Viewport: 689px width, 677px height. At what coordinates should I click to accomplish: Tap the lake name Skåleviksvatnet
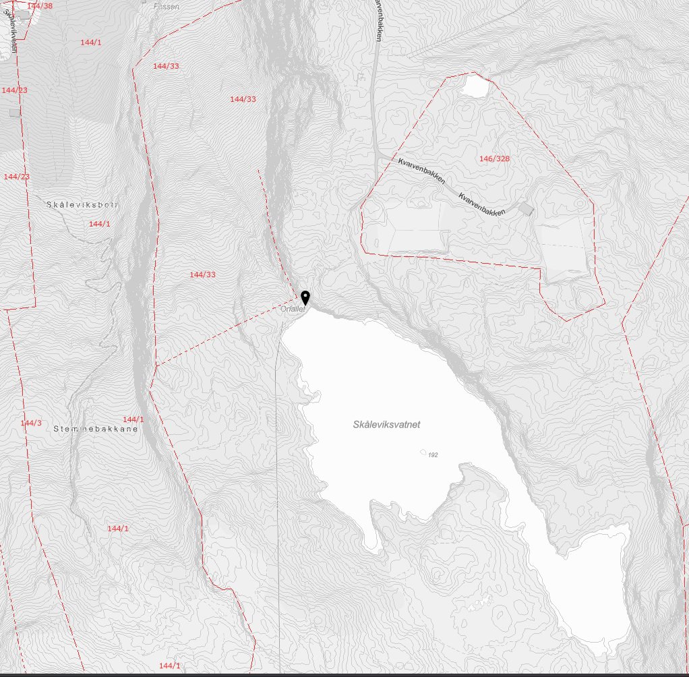tap(386, 425)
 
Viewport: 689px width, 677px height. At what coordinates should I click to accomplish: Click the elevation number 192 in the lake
tap(433, 455)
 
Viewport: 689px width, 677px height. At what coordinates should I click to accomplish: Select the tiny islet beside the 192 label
tap(423, 452)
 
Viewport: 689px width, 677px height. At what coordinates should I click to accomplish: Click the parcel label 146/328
tap(494, 158)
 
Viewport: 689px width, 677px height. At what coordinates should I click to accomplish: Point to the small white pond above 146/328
tap(475, 86)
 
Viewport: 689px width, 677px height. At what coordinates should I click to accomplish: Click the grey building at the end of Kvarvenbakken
tap(526, 209)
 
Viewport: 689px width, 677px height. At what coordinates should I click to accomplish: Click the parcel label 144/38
tap(40, 5)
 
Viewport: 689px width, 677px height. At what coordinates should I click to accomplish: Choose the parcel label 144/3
tap(31, 423)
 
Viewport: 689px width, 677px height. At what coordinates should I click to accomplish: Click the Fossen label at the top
tap(166, 5)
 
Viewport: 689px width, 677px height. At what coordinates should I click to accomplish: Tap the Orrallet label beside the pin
tap(293, 310)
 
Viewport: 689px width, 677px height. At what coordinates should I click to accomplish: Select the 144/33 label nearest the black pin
tap(202, 274)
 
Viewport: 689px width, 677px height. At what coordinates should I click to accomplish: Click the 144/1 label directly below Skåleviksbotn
tap(99, 223)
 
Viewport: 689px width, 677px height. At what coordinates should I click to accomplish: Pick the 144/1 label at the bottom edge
tap(170, 666)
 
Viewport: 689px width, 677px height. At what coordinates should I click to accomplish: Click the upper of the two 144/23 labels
tap(15, 90)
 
